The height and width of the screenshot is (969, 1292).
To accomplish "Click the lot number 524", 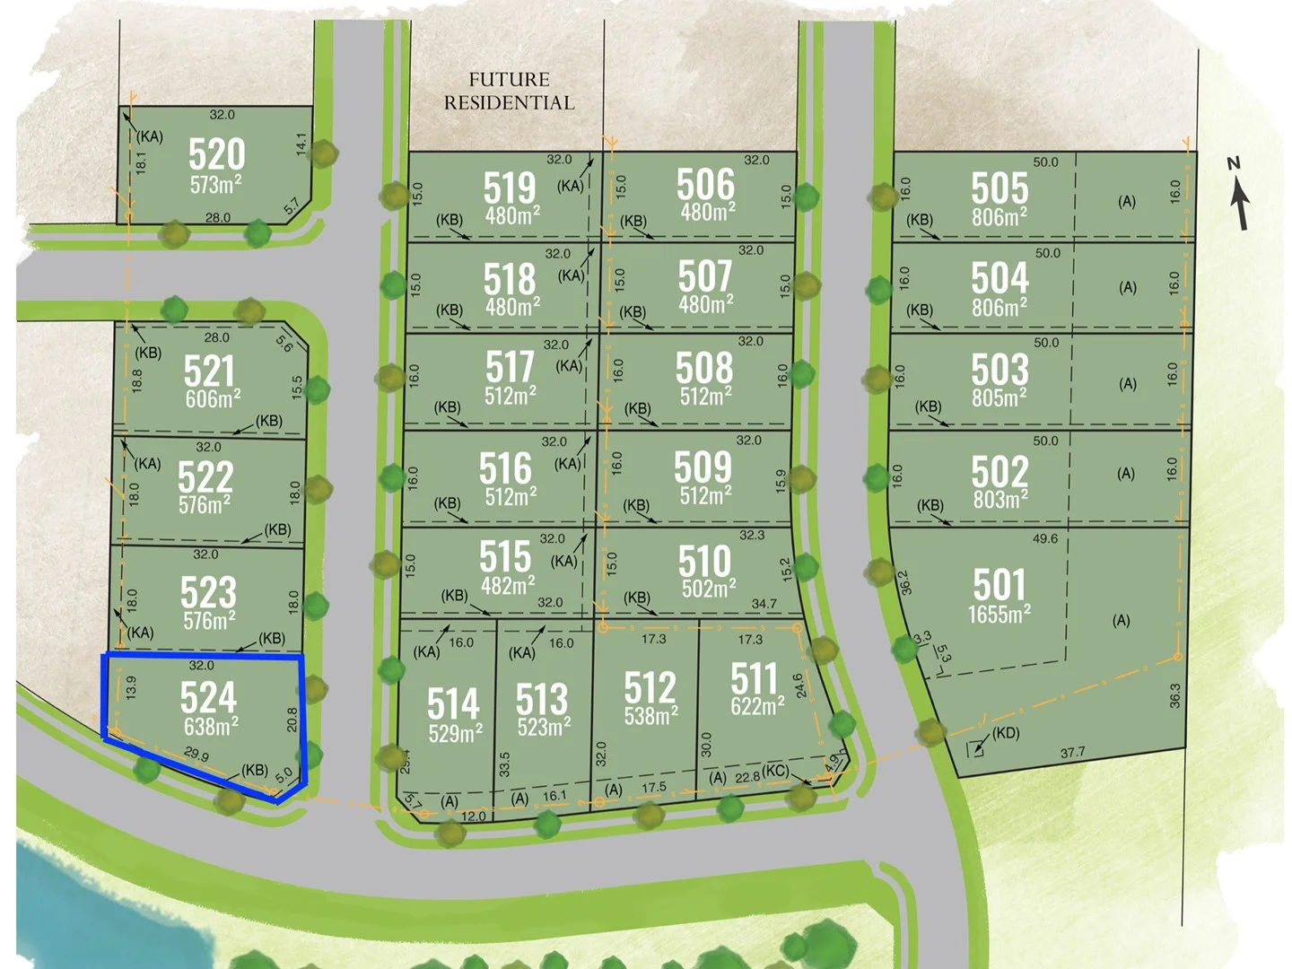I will pos(208,697).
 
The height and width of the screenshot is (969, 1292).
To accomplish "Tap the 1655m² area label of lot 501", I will pos(999,615).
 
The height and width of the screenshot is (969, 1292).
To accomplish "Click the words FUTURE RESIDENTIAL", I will pos(509,92).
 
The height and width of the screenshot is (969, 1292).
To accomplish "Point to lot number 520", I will pos(216,154).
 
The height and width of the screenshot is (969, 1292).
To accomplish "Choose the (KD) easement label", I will pos(1005,733).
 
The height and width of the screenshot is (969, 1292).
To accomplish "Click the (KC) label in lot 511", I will pos(776,772).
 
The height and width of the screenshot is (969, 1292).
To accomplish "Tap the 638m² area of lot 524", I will pos(211,726).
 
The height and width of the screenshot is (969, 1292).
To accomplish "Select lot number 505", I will pos(1000,188).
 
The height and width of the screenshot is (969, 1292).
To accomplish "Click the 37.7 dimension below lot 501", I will pos(1072,753).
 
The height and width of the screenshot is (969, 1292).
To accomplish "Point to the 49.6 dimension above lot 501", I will pos(1045,539).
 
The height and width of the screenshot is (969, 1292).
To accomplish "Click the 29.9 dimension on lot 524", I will pos(196,755).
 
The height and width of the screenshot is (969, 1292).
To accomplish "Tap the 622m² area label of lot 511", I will pos(757,706).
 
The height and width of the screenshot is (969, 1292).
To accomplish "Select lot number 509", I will pos(703,467).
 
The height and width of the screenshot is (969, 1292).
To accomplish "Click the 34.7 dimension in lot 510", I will pos(764,604).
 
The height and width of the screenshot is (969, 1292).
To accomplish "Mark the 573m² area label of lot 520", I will pos(215,185).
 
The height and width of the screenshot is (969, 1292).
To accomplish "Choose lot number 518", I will pos(510,279).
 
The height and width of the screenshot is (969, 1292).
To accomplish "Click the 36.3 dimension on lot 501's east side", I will pos(1175,695).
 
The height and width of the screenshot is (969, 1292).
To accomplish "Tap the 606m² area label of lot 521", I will pos(213,399).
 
